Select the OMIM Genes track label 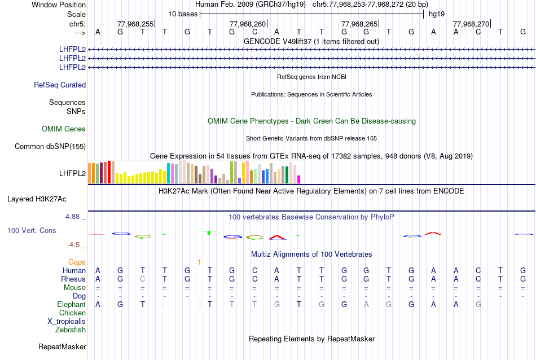tap(64, 129)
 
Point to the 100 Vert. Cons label tap(32, 231)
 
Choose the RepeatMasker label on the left tap(62, 346)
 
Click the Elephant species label tap(71, 305)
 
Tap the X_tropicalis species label tap(67, 321)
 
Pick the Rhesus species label tap(73, 279)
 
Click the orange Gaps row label tap(77, 262)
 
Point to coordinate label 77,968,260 tap(248, 24)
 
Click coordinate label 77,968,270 tap(471, 24)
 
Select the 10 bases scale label tap(183, 14)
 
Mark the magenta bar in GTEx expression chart tap(299, 179)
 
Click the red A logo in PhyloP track tap(432, 232)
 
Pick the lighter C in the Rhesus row tap(142, 279)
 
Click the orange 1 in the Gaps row tap(199, 262)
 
